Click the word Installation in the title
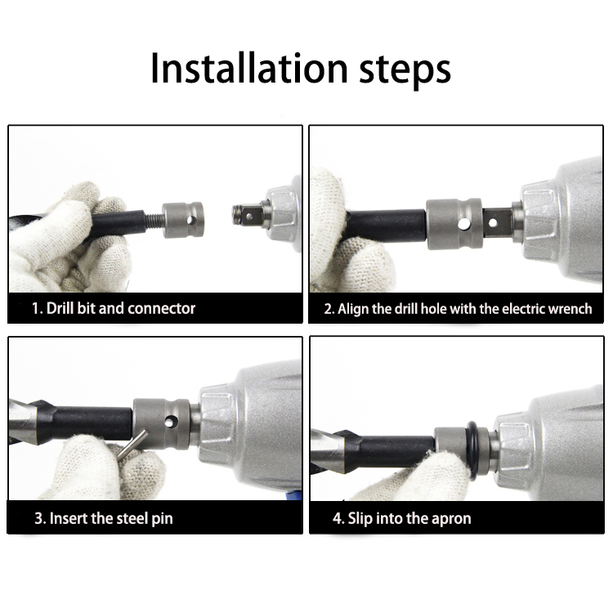pos(249,69)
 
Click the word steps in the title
pos(405,71)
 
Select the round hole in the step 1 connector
pos(190,221)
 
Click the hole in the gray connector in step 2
pos(463,224)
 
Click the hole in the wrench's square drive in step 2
pos(493,223)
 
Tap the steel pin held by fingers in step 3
pos(132,444)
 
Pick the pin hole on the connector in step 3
pos(170,422)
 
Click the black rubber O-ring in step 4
pos(472,451)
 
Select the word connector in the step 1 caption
pos(161,308)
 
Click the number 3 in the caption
pos(38,518)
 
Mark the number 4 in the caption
pos(337,518)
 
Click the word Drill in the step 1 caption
pos(60,308)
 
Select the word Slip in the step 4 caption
pos(360,519)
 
